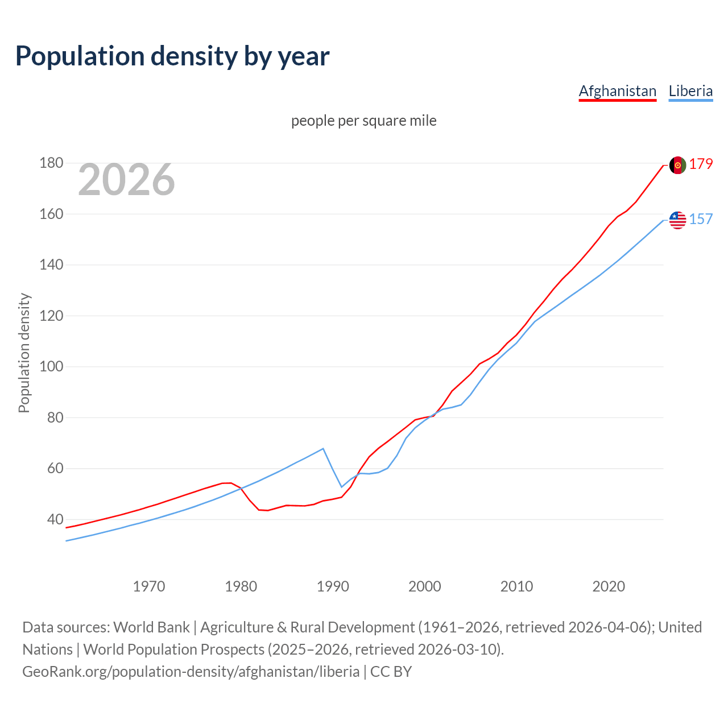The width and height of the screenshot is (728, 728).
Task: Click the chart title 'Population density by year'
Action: coord(172,56)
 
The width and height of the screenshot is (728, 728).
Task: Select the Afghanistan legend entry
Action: coord(617,91)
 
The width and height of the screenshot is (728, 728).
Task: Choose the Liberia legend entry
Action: coord(690,91)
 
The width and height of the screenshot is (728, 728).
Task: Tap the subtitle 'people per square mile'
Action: coord(363,121)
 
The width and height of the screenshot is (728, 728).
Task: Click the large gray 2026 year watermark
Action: coord(126,180)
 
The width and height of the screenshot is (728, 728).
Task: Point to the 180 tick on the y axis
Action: coord(51,163)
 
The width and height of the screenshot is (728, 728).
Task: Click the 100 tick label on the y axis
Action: coord(51,367)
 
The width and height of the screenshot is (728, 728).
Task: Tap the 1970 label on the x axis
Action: coord(149,586)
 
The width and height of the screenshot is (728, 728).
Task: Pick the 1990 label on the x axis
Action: coord(333,586)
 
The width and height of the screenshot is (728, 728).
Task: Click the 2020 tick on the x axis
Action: coord(609,586)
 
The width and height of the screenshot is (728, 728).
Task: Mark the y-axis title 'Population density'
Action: coord(24,353)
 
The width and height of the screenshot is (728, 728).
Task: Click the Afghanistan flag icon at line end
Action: coord(677,165)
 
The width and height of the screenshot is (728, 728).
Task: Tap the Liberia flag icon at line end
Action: coord(677,220)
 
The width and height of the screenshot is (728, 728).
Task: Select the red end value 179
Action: coord(701,164)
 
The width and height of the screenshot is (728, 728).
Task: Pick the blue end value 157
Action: coord(701,220)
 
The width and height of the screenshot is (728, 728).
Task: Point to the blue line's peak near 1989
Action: coord(323,449)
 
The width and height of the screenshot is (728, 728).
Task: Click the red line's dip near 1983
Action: coord(267,510)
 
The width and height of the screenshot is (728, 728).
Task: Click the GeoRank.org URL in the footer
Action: coord(191,672)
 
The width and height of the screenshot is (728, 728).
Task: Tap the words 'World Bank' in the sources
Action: coord(151,627)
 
